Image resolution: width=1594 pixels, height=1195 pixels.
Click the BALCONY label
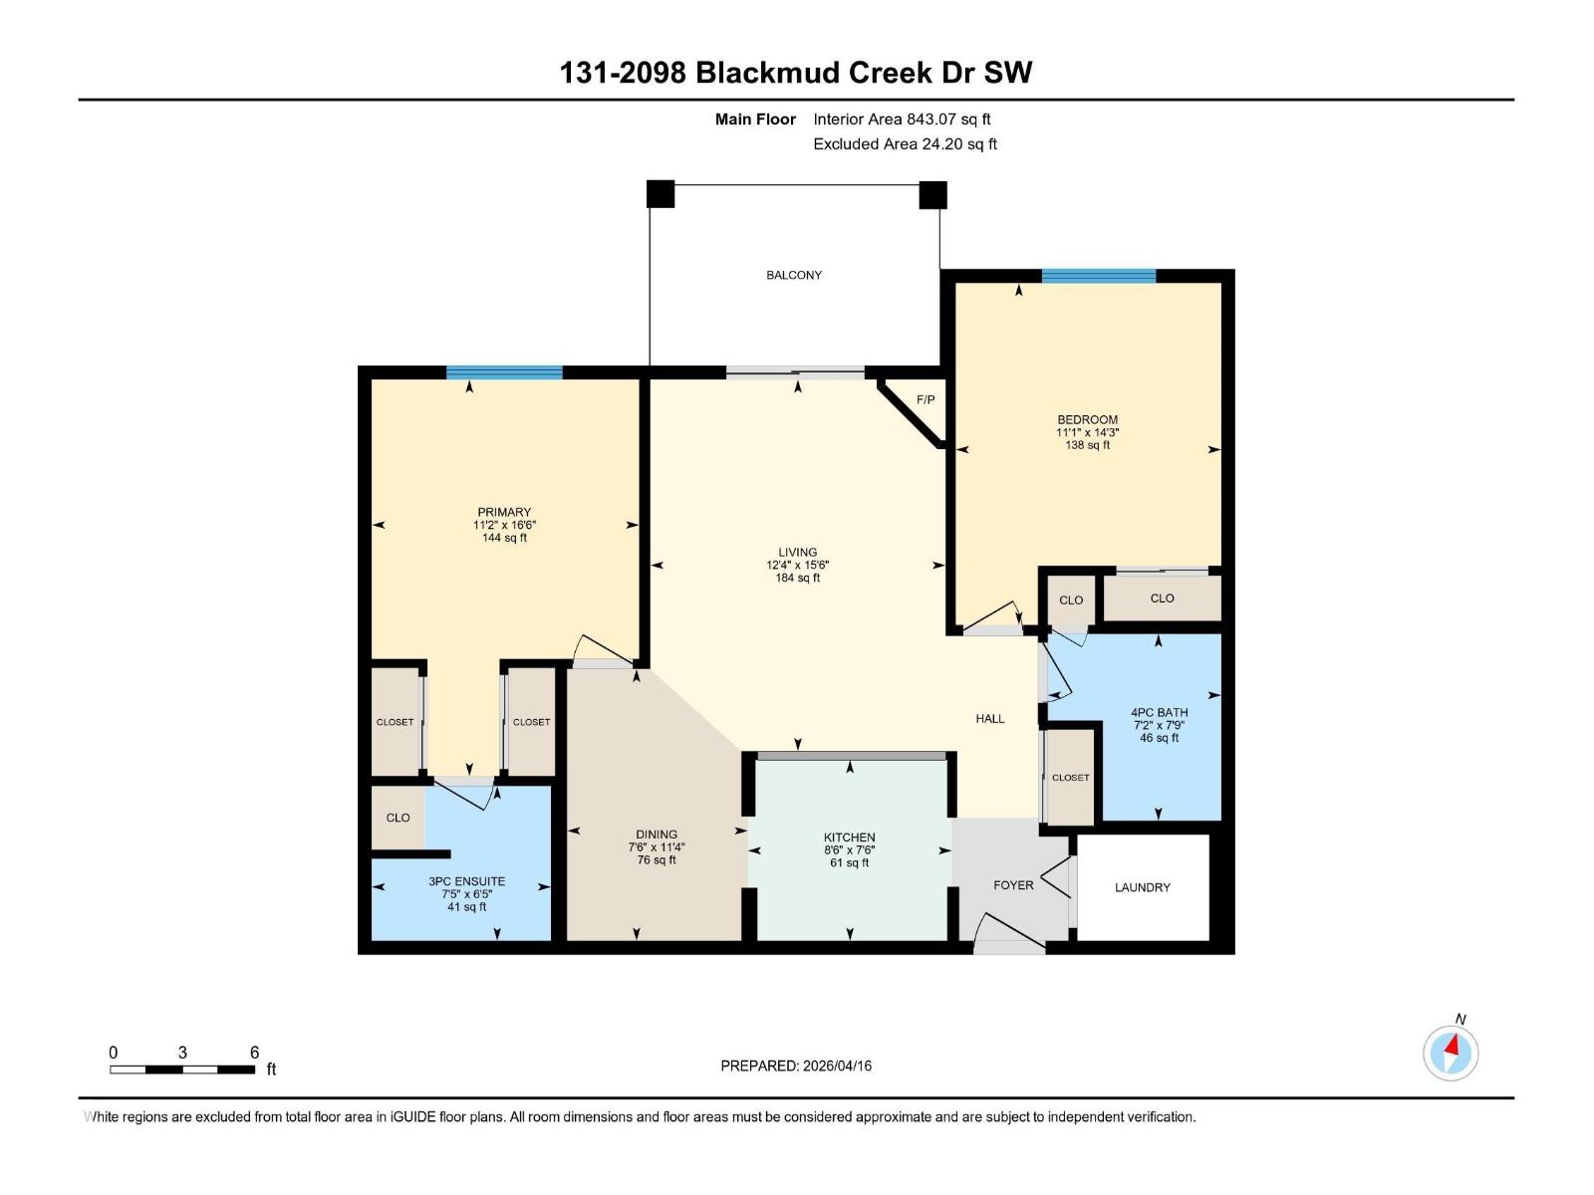tap(794, 275)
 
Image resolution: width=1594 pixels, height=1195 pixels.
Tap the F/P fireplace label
tap(926, 399)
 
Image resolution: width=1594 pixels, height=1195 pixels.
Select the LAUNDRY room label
tap(1142, 887)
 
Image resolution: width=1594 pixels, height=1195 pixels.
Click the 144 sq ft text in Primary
tap(504, 538)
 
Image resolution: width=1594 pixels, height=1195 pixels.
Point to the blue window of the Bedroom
tap(1098, 276)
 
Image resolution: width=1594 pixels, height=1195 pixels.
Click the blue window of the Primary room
tap(504, 372)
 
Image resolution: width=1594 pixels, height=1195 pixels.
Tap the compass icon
tap(1451, 1052)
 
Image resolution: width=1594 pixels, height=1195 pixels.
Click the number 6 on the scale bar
tap(254, 1053)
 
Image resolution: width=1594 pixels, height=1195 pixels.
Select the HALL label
tap(989, 718)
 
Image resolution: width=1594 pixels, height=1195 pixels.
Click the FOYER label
tap(1013, 884)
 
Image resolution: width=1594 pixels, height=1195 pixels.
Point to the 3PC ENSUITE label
tap(466, 881)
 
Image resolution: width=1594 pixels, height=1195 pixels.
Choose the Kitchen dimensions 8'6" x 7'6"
tap(849, 850)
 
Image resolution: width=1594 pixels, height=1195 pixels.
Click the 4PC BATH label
tap(1159, 712)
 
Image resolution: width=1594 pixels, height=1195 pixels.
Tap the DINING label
tap(657, 835)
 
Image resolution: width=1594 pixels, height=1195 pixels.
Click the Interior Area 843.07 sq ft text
tap(902, 119)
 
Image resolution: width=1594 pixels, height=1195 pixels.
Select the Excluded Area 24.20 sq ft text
tap(905, 144)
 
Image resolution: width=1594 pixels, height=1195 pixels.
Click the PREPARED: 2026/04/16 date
tap(796, 1066)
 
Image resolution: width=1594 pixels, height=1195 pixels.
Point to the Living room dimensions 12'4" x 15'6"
tap(797, 565)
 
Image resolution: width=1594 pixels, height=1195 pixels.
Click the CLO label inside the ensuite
tap(398, 818)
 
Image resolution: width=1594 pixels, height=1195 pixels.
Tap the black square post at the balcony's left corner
tap(661, 193)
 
